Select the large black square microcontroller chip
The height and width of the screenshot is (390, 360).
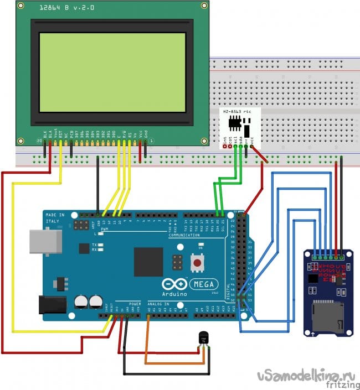[148, 262]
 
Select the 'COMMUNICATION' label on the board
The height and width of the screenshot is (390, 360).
[183, 235]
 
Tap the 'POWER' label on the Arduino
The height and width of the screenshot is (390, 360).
[135, 304]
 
